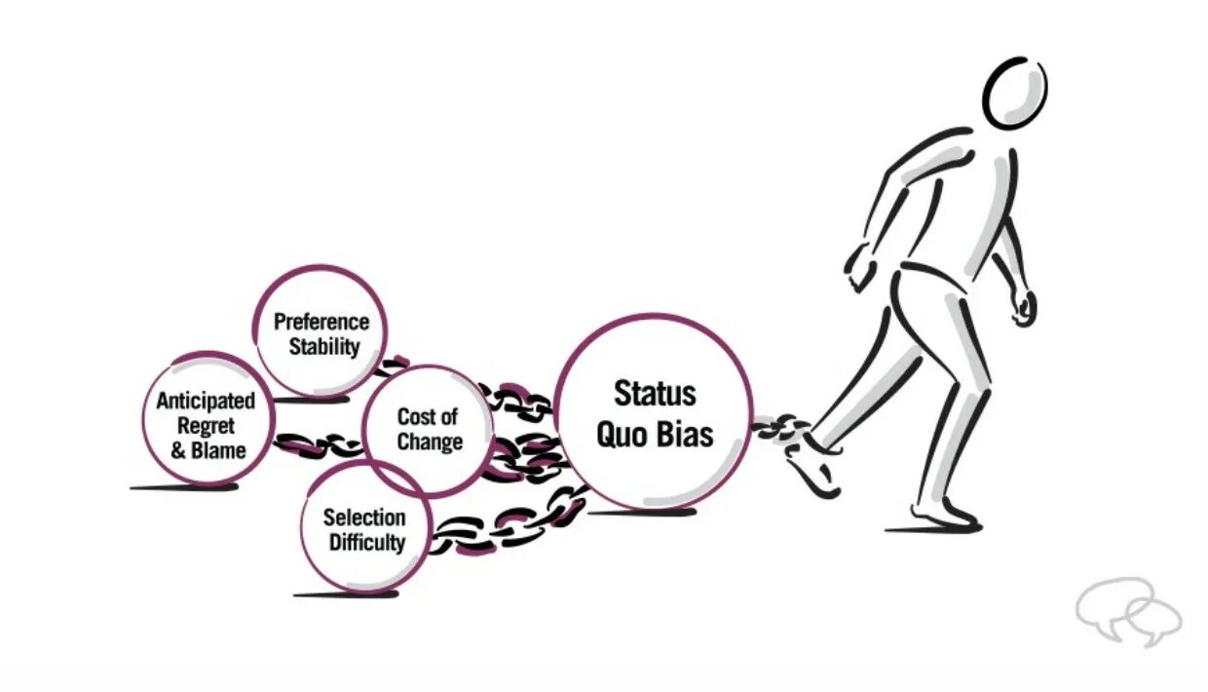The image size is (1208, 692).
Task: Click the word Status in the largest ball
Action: coord(655,393)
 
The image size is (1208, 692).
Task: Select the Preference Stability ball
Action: coord(321,332)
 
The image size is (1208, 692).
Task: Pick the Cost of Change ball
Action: coord(428,429)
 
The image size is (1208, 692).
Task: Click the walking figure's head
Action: coord(1015,93)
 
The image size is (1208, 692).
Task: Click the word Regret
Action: coord(206,426)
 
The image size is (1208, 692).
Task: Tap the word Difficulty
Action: coord(365,542)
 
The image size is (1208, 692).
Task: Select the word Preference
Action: coord(321,322)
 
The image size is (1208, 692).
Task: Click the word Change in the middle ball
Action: coord(430,442)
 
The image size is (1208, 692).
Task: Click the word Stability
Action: coord(323,346)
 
